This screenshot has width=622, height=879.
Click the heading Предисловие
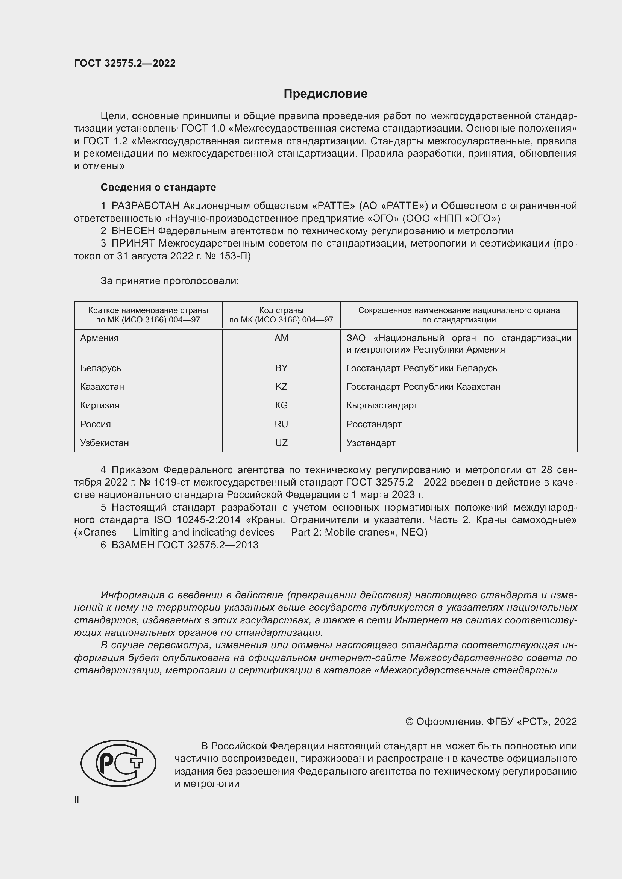(325, 94)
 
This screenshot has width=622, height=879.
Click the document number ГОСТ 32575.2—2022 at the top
(125, 63)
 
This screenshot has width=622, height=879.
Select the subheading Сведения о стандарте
(158, 187)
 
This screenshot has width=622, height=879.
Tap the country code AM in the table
(281, 338)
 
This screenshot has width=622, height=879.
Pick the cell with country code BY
(281, 368)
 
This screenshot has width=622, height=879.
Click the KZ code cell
(281, 387)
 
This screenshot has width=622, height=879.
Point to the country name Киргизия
(100, 405)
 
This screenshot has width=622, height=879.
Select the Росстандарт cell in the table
(374, 424)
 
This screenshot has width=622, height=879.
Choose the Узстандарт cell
(371, 443)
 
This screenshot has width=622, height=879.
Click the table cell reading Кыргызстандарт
(382, 405)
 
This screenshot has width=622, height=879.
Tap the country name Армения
(99, 338)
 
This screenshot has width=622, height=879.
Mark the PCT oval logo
(118, 763)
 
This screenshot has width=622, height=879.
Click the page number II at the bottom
(77, 799)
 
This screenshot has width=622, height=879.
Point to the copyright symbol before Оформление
(409, 722)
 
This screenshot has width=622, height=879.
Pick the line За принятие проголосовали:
(170, 281)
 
